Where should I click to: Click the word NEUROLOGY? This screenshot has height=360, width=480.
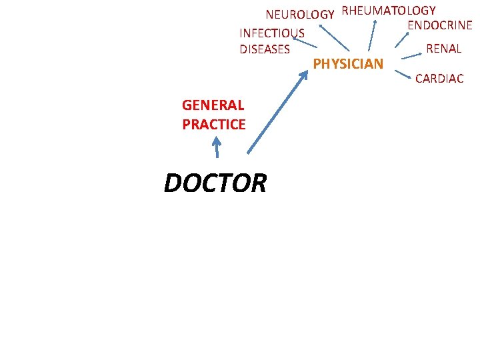(x=299, y=15)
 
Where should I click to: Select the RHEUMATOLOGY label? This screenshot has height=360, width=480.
(x=389, y=11)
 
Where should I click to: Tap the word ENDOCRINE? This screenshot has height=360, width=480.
(x=439, y=26)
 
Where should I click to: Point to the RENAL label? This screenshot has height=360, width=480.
(x=443, y=49)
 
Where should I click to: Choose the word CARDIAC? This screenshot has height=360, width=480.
(x=439, y=79)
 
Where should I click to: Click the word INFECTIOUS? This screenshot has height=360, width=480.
(x=272, y=33)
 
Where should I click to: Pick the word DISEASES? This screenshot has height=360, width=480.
(x=265, y=49)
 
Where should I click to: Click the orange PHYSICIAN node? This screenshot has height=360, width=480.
(x=348, y=64)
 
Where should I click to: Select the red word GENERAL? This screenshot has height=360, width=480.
(x=213, y=105)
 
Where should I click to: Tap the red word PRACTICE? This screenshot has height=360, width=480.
(x=213, y=124)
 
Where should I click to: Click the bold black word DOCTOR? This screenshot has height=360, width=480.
(x=215, y=183)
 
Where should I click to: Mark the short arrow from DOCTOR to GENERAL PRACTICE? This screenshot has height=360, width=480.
(x=217, y=147)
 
